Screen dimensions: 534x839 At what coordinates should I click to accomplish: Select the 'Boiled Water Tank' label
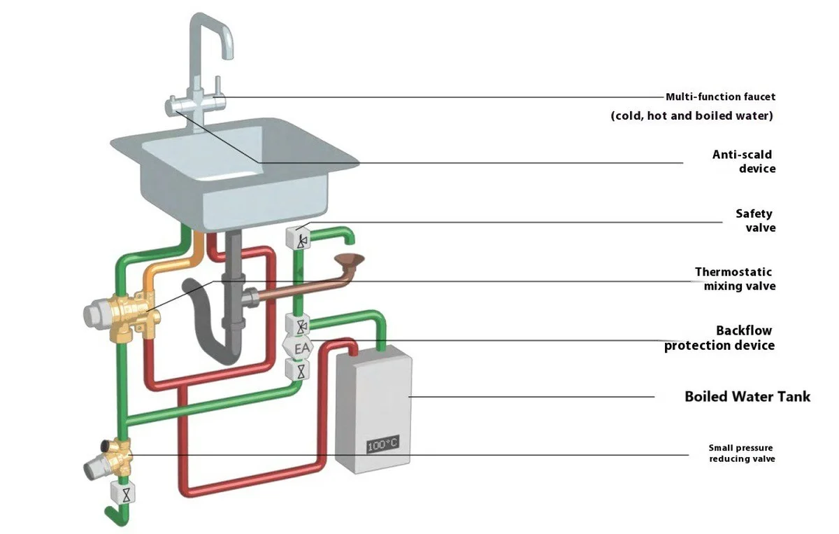747,397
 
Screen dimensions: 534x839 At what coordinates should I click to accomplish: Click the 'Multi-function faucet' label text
720,97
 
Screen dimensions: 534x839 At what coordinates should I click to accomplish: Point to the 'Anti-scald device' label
743,162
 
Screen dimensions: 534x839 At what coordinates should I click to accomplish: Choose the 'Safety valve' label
755,220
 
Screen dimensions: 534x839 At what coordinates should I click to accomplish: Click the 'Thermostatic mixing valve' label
735,279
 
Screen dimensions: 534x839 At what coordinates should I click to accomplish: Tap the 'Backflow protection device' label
720,337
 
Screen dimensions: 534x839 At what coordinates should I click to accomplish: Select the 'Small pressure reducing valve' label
742,453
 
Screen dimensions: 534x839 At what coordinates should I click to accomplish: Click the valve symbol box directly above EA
301,325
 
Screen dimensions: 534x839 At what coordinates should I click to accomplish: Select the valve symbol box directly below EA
301,369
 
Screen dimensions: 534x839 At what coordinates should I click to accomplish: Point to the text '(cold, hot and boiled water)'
691,116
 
